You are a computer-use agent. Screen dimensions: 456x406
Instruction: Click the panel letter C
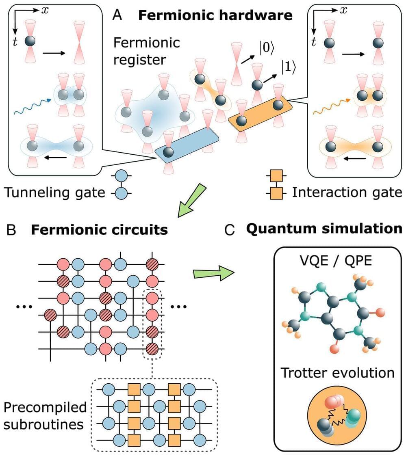point(230,230)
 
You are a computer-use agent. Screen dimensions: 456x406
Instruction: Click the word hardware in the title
point(262,16)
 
